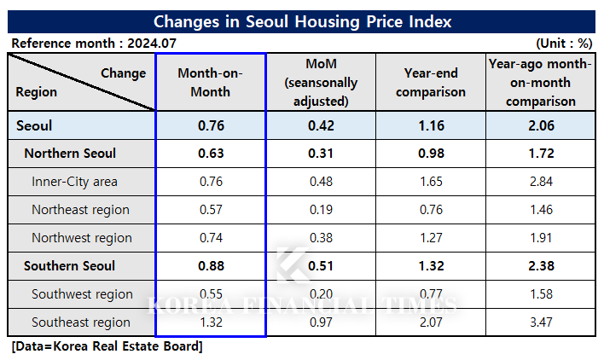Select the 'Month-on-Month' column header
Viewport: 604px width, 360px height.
211,82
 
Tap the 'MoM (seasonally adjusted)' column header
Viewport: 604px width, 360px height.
321,82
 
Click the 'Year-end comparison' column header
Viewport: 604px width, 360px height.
431,83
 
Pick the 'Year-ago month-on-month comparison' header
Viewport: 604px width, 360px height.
540,82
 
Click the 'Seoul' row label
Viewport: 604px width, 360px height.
34,125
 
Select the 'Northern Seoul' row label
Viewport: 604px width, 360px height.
70,154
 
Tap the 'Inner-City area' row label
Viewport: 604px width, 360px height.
74,182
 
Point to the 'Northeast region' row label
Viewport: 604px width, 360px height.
80,210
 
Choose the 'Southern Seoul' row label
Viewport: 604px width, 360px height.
69,266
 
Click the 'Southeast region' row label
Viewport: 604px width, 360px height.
80,322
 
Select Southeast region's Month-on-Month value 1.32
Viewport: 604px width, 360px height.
211,322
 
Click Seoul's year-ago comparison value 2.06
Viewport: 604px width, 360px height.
540,125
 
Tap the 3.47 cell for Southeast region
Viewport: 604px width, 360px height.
540,322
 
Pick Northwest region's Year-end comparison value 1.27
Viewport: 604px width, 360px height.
431,238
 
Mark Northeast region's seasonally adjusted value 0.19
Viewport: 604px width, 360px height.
321,210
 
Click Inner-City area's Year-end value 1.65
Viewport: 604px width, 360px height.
431,182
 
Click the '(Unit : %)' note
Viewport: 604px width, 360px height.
564,43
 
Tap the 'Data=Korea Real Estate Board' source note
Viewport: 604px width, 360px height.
107,346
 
